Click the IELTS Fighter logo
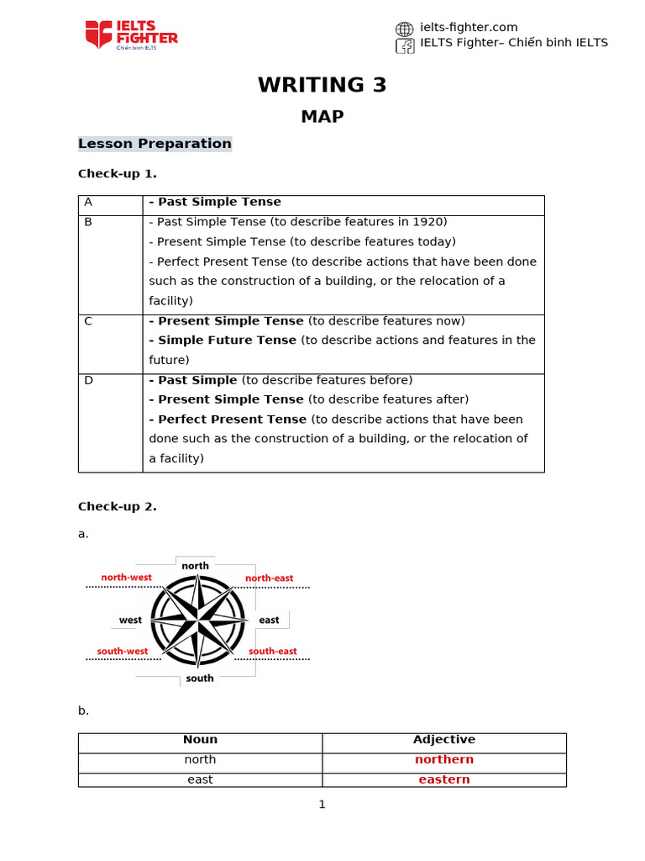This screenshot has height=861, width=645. (x=131, y=34)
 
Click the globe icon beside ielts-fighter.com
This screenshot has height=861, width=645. (x=405, y=29)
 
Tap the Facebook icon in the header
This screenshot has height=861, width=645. (x=405, y=45)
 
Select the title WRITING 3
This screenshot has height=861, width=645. (x=322, y=85)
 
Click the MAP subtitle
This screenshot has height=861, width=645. (x=322, y=117)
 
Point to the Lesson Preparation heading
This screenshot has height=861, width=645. (x=155, y=144)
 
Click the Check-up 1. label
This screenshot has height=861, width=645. (x=117, y=174)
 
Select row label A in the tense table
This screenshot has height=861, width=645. (x=87, y=203)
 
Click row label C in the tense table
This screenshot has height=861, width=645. (x=87, y=321)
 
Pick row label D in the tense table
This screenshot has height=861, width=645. (x=88, y=381)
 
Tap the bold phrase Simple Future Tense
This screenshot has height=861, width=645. (x=227, y=341)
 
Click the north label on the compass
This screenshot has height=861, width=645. (x=195, y=566)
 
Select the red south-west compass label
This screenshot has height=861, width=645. (x=123, y=651)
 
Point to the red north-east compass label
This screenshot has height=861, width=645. (x=269, y=578)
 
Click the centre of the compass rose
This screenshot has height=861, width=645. (x=197, y=621)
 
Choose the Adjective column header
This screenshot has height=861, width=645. (x=443, y=740)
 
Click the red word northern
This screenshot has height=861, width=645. (x=443, y=759)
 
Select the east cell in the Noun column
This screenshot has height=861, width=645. (x=200, y=779)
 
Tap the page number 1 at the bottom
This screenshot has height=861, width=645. (x=322, y=805)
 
